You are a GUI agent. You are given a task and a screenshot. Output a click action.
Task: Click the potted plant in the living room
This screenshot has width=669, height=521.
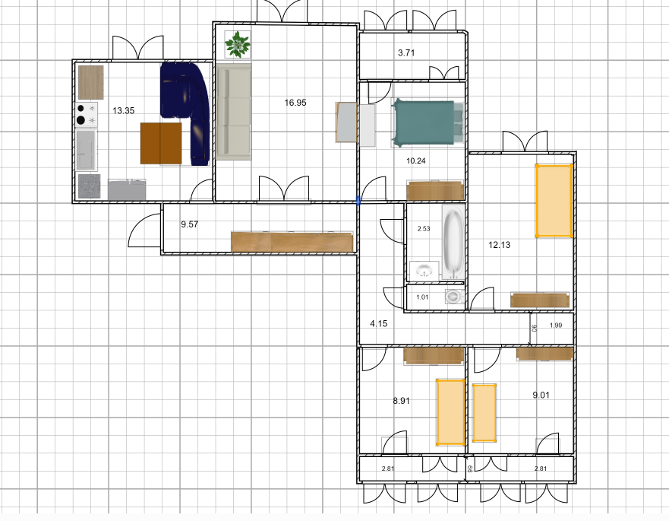[x=238, y=44]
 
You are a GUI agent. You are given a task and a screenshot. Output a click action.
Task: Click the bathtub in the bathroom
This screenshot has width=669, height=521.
[x=453, y=241]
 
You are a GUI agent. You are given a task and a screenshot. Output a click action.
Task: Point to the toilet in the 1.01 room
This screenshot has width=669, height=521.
[x=454, y=296]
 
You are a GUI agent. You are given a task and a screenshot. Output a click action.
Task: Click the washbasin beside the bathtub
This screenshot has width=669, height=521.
[x=424, y=271]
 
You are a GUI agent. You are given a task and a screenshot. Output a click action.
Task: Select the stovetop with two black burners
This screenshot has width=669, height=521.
[x=87, y=115]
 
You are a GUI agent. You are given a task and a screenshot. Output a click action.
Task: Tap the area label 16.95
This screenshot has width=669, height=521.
[x=295, y=103]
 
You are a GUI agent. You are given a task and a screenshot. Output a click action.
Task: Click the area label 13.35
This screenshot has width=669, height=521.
[x=123, y=111]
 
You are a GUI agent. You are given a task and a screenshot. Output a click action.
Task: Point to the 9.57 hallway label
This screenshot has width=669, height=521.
[x=189, y=224]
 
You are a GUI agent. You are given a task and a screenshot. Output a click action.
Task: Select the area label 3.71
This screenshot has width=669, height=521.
[x=406, y=53]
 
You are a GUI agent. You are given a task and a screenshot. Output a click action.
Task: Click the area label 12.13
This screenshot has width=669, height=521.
[x=499, y=245]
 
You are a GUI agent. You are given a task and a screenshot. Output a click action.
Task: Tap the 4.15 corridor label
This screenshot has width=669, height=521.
[x=378, y=323]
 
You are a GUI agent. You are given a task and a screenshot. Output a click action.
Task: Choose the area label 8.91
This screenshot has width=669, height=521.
[x=401, y=401]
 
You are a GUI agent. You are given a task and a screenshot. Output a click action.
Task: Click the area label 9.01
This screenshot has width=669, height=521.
[x=541, y=395]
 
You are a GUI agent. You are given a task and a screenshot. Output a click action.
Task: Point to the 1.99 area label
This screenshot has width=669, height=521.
[x=556, y=326]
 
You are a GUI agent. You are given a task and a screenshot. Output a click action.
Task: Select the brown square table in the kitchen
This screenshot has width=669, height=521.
[x=161, y=144]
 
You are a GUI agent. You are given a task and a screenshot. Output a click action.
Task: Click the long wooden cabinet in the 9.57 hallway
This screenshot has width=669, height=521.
[x=292, y=241]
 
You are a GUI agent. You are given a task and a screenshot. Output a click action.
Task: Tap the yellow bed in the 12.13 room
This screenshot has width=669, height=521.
[x=554, y=201]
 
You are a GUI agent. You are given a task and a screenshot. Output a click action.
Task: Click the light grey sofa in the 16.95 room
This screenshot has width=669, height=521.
[x=233, y=112]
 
